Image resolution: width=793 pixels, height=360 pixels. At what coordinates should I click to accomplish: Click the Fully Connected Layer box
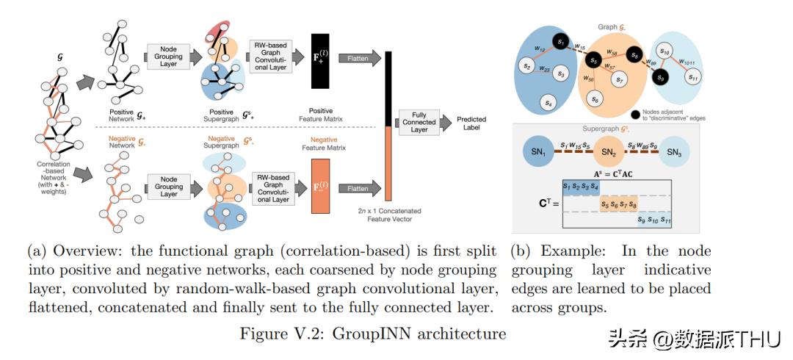(x=419, y=123)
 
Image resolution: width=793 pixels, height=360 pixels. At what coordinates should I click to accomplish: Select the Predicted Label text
(x=471, y=123)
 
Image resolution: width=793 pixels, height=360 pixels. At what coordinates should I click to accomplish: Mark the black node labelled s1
(x=561, y=43)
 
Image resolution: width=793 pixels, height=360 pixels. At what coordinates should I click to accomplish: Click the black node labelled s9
(x=662, y=77)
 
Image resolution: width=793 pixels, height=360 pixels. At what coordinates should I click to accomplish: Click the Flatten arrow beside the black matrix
(x=359, y=56)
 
